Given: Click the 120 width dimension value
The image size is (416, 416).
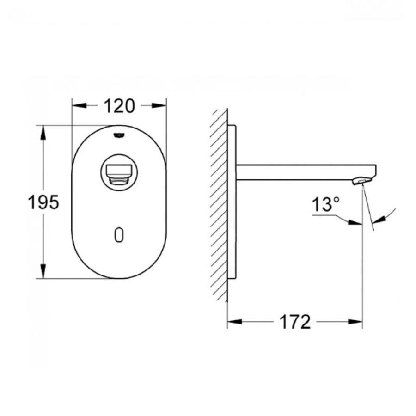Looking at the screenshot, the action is pyautogui.click(x=119, y=106).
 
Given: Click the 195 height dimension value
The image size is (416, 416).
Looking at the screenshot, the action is pyautogui.click(x=44, y=202).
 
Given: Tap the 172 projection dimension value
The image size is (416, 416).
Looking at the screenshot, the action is pyautogui.click(x=295, y=322).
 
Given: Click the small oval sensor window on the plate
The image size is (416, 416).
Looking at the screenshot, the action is pyautogui.click(x=119, y=235).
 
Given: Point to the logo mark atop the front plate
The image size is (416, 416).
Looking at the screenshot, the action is pyautogui.click(x=119, y=135).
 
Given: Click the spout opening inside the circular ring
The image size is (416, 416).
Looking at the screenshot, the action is pyautogui.click(x=119, y=173).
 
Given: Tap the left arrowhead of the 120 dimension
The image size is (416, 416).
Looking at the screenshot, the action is pyautogui.click(x=80, y=105).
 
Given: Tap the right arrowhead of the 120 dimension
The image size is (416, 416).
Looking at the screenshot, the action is pyautogui.click(x=159, y=105).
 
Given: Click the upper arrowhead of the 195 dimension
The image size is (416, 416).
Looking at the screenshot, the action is pyautogui.click(x=43, y=133).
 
